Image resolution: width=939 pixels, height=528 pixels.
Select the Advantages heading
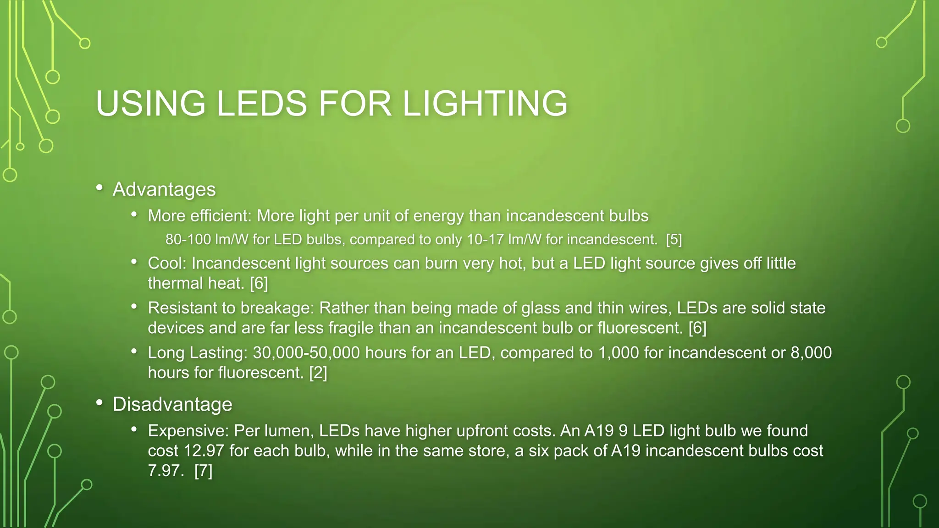pos(164,189)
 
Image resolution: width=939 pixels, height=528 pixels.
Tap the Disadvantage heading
pos(172,404)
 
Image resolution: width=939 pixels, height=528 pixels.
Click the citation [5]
pos(674,239)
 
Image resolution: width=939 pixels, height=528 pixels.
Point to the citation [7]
pos(203,471)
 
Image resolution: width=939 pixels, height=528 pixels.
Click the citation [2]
pos(318,373)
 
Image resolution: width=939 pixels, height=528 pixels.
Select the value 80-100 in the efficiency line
pos(188,239)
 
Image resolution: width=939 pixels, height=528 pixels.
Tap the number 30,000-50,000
pos(307,352)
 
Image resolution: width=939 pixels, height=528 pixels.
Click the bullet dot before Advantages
pos(99,188)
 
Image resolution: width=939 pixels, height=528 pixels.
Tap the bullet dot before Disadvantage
pos(99,403)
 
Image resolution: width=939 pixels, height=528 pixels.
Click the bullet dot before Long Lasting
pos(134,352)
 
